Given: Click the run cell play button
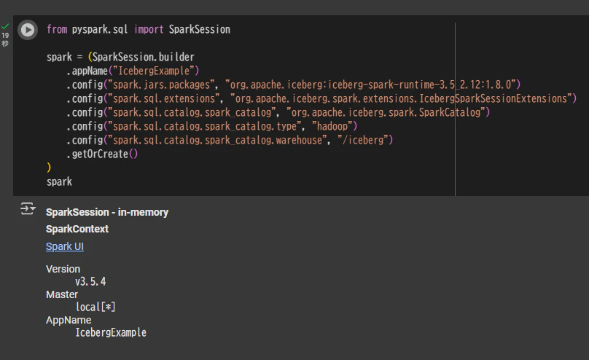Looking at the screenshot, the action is tap(28, 30).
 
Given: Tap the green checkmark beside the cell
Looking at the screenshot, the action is tap(5, 26).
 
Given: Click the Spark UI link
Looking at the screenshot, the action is tap(65, 246).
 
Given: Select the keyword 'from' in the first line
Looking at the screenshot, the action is tap(57, 29).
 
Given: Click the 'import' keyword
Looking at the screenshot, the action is tap(149, 29).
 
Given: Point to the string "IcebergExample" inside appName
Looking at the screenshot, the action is tap(154, 71).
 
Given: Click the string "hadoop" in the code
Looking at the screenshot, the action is tap(332, 126).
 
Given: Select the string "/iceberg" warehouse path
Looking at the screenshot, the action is tap(362, 140).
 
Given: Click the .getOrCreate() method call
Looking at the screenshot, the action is tap(102, 154).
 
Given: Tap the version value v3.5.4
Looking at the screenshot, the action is tap(90, 281).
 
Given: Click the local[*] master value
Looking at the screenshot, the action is tap(95, 307).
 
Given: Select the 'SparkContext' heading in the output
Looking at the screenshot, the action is tap(77, 229).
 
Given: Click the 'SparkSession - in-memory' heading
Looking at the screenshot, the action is tap(107, 213).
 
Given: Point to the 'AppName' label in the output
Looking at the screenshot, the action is tap(69, 320).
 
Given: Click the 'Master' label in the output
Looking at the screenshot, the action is tap(62, 294).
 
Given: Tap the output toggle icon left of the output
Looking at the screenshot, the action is tap(28, 208).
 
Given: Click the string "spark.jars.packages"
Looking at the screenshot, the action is tap(161, 85).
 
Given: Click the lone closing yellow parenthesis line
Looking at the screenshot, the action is tap(49, 168).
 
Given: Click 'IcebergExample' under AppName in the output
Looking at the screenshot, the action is tap(111, 332).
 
